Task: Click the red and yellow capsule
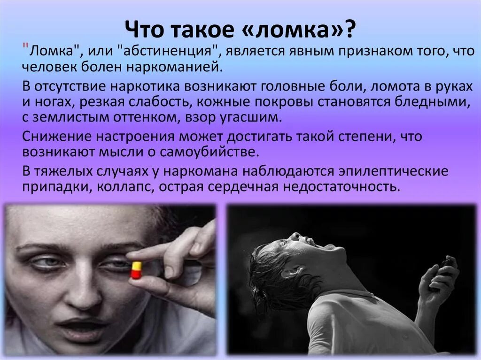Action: (136, 270)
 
